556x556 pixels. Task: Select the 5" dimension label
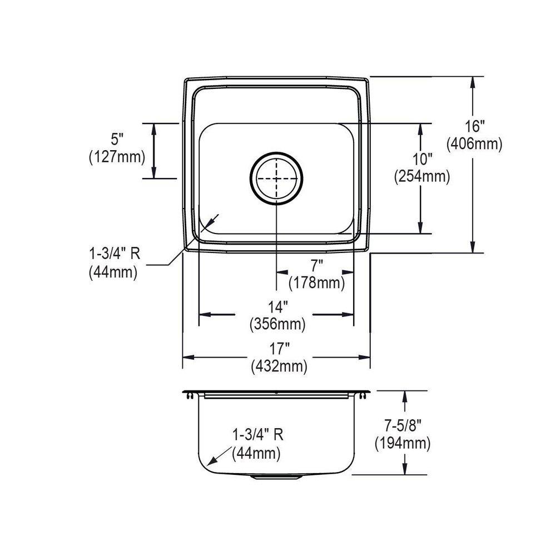[x=116, y=140]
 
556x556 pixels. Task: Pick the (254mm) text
[x=422, y=176]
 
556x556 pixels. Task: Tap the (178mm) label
[x=317, y=283]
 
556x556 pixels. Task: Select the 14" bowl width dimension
[x=277, y=307]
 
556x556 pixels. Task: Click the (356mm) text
[x=277, y=324]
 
